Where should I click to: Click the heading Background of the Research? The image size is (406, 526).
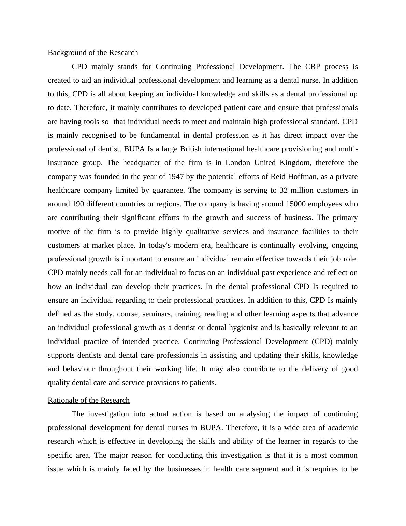[93, 53]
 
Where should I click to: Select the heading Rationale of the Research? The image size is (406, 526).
[89, 400]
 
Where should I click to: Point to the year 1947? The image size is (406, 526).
[177, 177]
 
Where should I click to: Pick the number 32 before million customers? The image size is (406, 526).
[284, 190]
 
